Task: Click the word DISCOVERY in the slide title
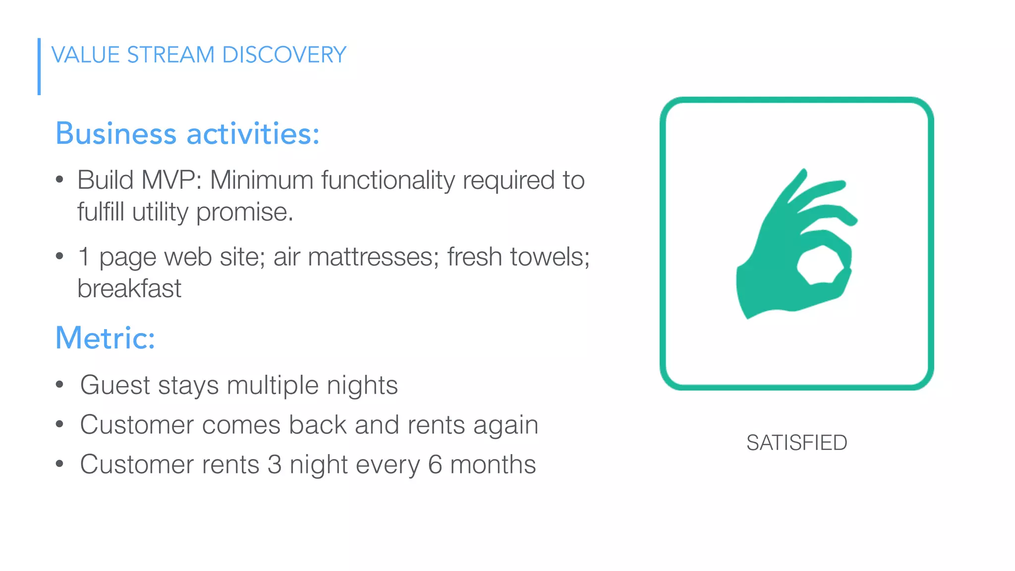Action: point(284,55)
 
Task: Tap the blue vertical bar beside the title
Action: point(39,66)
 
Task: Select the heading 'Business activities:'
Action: point(187,134)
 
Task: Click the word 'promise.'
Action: point(245,213)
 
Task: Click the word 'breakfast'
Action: point(129,288)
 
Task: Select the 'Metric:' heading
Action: point(105,338)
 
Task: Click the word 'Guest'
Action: point(115,385)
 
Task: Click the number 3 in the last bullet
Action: point(275,464)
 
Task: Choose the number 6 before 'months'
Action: point(435,464)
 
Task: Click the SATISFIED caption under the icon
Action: point(796,443)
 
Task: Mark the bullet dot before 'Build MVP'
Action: point(59,179)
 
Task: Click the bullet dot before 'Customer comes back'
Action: point(59,424)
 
